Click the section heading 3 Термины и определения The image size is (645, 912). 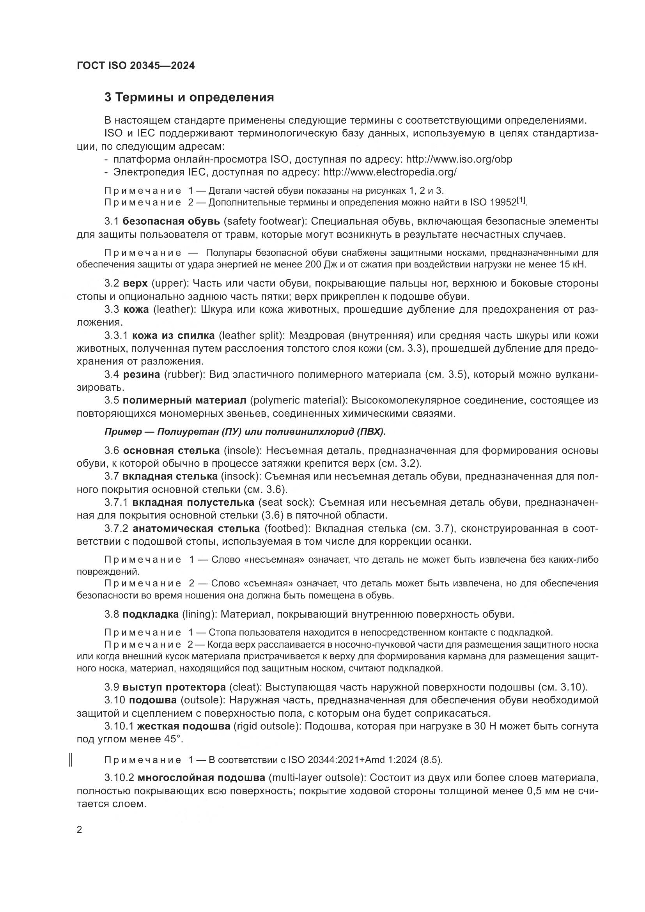(x=189, y=97)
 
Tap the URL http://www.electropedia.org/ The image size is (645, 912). (x=390, y=172)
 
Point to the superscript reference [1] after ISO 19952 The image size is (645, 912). (x=521, y=201)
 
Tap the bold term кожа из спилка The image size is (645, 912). (x=173, y=336)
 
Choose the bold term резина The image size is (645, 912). (x=142, y=375)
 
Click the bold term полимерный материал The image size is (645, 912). (x=184, y=400)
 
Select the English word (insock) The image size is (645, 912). (x=240, y=476)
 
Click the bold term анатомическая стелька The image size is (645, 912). (x=196, y=529)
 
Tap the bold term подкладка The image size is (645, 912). (x=151, y=614)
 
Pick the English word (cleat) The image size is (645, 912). (x=245, y=687)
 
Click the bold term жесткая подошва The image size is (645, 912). (x=184, y=726)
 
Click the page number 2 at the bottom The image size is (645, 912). (x=80, y=830)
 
